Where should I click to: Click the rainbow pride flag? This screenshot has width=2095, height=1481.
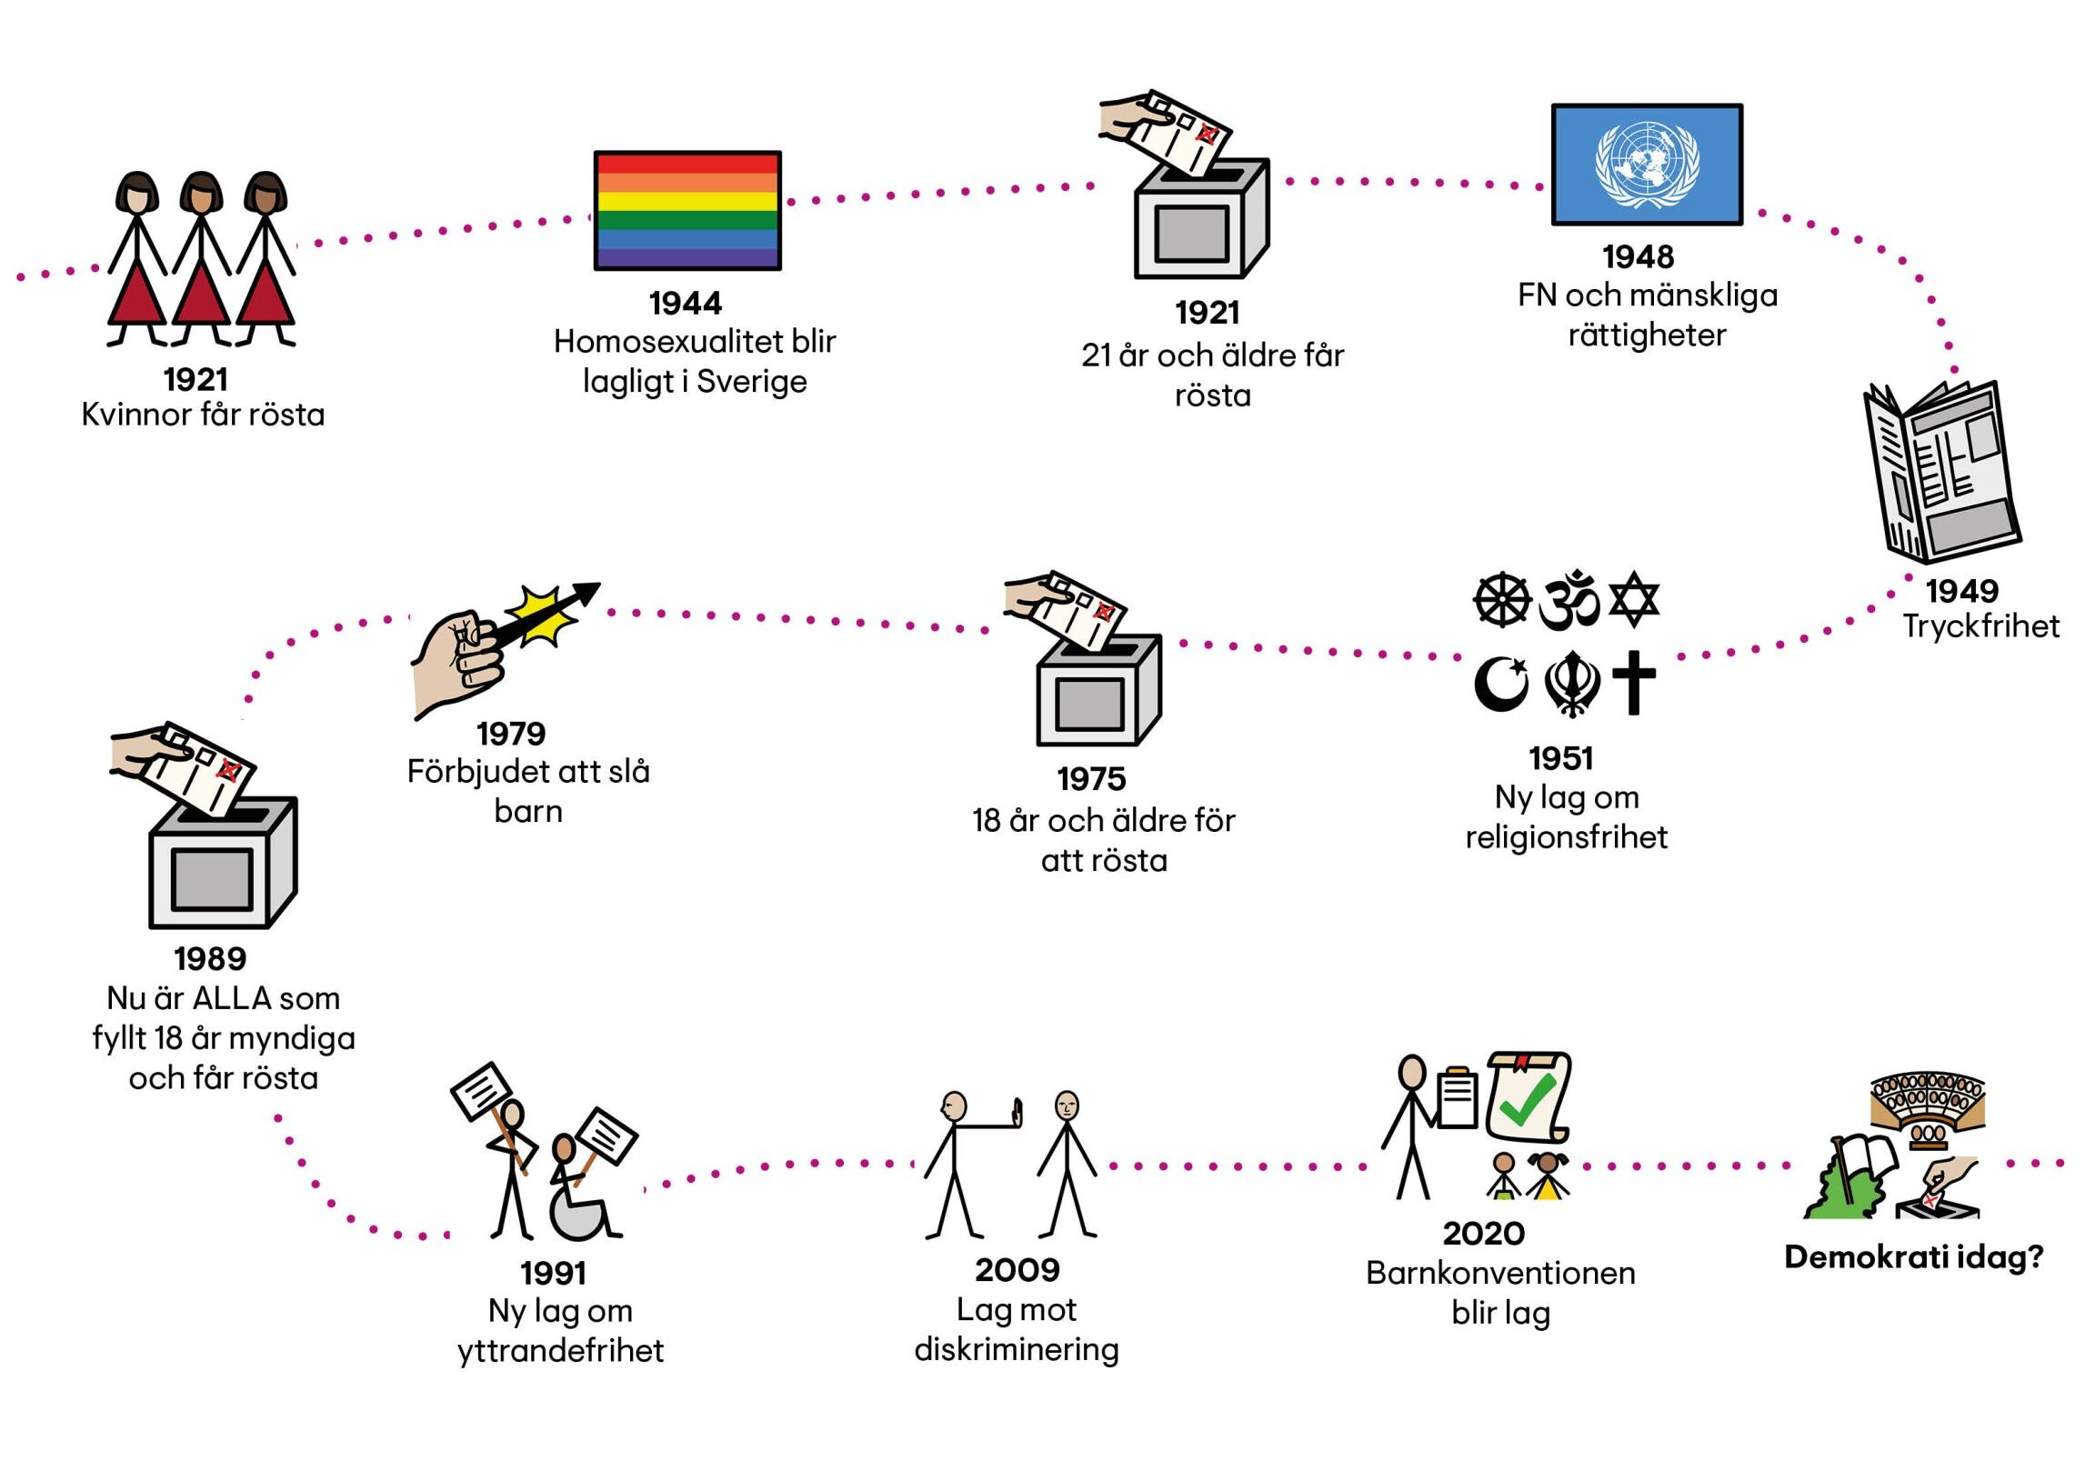point(687,210)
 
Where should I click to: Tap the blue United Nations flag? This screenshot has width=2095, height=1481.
point(1646,165)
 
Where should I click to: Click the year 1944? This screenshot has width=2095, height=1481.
point(686,303)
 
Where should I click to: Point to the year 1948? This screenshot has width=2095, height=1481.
point(1638,257)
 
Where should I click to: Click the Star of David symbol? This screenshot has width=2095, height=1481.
point(1633,599)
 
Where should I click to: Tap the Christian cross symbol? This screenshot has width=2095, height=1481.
point(1633,683)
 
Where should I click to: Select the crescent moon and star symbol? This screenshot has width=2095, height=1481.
point(1501,684)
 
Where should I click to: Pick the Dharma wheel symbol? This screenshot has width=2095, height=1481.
point(1502,600)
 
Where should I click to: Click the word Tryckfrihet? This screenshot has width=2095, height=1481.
point(1981,627)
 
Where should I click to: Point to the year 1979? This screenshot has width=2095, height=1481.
point(511,734)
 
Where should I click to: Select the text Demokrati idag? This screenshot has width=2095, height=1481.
point(1913,1258)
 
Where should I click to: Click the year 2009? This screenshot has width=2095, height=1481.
point(1017,1269)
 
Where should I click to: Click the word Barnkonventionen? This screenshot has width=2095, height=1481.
point(1500,1273)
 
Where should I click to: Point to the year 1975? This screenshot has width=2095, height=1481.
point(1091,779)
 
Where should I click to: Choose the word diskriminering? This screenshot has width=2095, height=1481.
point(1017,1349)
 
